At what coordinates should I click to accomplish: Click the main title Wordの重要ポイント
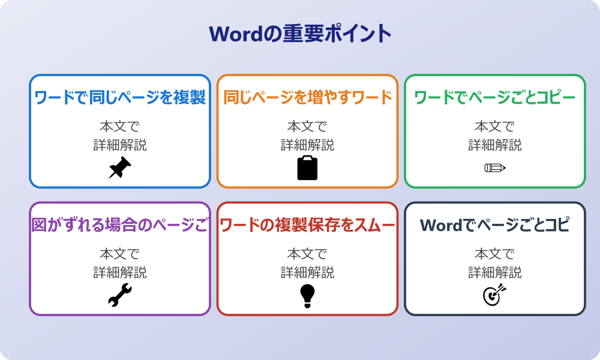point(300,34)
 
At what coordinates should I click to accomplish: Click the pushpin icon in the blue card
point(119,168)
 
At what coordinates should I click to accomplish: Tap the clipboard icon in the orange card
point(307,168)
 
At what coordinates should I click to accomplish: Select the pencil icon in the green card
point(494,167)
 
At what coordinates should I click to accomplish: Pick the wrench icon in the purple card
point(119,296)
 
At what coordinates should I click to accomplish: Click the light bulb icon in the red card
point(307,296)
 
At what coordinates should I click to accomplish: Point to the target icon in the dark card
point(494,295)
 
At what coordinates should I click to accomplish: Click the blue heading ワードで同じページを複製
point(120,98)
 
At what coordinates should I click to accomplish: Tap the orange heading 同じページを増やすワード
point(307,98)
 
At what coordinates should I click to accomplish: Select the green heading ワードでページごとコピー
point(494,98)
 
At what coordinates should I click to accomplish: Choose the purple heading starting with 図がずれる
point(120,226)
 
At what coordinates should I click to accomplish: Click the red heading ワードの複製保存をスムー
point(307,226)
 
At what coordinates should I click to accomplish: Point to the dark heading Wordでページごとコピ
point(494,226)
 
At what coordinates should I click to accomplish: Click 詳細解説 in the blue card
point(120,145)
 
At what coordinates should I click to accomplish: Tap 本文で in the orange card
point(307,127)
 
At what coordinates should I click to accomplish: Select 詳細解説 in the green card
point(494,145)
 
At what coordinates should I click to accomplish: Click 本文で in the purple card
point(120,254)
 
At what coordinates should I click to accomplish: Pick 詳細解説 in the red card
point(307,272)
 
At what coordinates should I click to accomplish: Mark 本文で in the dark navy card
point(494,254)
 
